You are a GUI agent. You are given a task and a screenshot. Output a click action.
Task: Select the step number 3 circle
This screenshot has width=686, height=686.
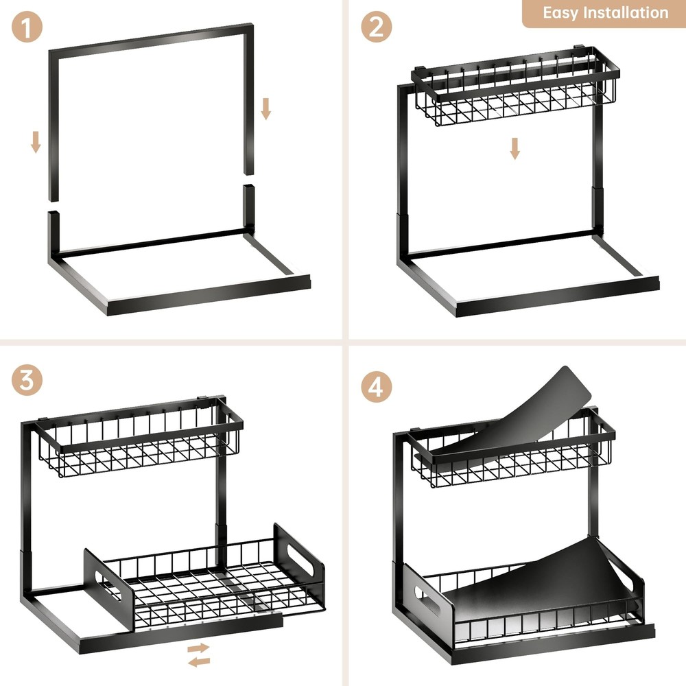[27, 381]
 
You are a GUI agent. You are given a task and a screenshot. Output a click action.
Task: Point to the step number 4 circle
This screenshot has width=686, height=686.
[377, 388]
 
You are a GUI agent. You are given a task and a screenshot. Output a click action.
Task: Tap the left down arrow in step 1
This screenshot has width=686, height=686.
[36, 142]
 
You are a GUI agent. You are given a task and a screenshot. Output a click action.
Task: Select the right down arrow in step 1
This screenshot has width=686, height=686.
[266, 108]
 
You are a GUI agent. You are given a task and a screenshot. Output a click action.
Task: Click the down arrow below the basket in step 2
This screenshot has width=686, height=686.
[514, 148]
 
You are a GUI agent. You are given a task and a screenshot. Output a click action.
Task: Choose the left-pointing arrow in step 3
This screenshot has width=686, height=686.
[200, 661]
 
